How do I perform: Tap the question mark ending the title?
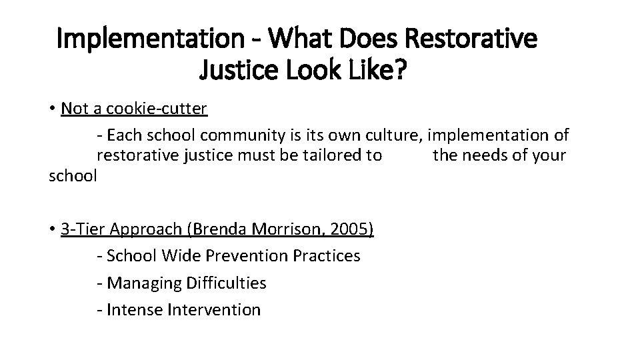397,69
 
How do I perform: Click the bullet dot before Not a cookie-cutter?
53,109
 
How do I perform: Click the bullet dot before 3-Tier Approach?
53,230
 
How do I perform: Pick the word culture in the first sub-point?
393,135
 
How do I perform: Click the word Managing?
139,283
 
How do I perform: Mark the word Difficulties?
221,283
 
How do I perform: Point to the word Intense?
135,310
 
